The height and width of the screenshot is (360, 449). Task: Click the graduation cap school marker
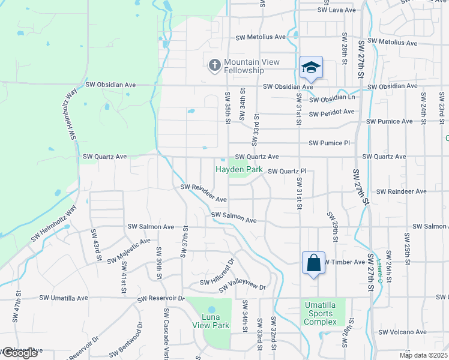312,67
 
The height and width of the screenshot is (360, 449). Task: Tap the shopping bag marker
313,263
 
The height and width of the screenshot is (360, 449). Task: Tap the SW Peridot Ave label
332,112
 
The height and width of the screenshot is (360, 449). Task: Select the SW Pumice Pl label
329,143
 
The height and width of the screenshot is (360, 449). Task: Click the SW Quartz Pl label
287,172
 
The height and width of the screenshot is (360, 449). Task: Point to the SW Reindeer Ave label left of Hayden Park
204,193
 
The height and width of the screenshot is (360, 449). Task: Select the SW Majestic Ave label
129,251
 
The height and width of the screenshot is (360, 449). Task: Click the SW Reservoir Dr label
160,298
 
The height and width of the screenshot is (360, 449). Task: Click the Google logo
19,353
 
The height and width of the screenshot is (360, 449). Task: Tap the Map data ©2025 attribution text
423,355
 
